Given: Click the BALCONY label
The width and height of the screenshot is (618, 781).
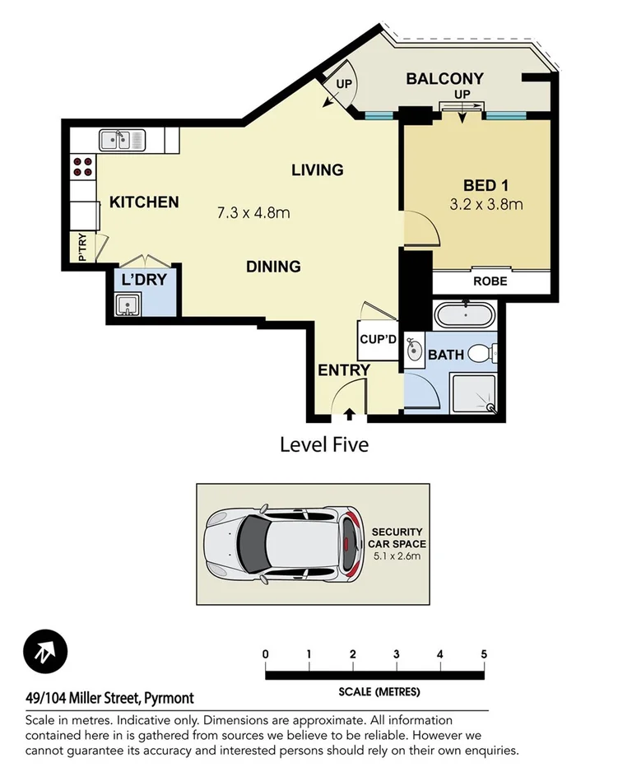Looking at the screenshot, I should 444,79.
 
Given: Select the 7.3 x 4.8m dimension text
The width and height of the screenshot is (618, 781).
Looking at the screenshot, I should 253,214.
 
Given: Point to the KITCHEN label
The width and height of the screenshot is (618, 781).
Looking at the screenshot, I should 145,202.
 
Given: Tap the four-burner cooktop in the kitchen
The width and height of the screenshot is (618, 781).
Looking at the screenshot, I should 82,167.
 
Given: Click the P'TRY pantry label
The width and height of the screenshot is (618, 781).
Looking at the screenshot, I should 82,248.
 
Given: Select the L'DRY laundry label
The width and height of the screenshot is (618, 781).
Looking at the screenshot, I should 144,280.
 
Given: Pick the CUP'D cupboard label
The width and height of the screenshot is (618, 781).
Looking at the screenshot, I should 379,339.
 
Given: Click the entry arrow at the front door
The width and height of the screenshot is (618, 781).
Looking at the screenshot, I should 349,414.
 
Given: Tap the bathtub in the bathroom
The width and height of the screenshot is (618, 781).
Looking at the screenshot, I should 466,316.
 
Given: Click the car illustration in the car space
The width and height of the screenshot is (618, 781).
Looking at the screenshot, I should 284,544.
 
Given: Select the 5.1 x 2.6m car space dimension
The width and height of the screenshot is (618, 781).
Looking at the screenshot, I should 396,556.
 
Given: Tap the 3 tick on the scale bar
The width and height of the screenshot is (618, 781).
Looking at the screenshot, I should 397,655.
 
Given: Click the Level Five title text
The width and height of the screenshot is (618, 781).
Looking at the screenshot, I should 324,445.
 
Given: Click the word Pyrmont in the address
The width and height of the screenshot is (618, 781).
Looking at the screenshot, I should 169,699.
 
